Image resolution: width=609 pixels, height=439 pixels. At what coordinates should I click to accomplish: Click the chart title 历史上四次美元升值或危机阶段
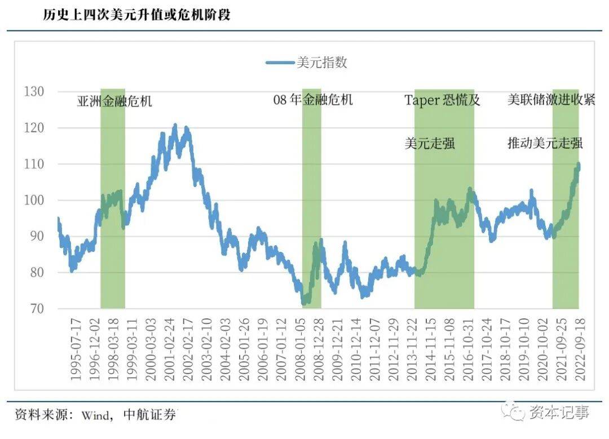click(x=137, y=15)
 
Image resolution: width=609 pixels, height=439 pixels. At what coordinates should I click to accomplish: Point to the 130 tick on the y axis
click(x=36, y=91)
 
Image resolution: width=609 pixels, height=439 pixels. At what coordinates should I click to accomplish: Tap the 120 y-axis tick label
click(x=36, y=128)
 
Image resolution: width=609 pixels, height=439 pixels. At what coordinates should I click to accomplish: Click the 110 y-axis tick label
click(x=36, y=164)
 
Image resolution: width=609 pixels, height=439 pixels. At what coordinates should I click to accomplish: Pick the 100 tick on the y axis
click(x=36, y=201)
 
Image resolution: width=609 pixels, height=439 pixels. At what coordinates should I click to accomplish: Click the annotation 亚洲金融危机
click(x=114, y=102)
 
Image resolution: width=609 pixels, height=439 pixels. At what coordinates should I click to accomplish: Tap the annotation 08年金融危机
click(x=313, y=100)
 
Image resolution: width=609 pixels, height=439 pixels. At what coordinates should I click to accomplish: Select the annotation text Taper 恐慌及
click(x=443, y=100)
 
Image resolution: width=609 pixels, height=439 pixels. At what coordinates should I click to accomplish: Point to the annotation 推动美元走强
click(x=545, y=143)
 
